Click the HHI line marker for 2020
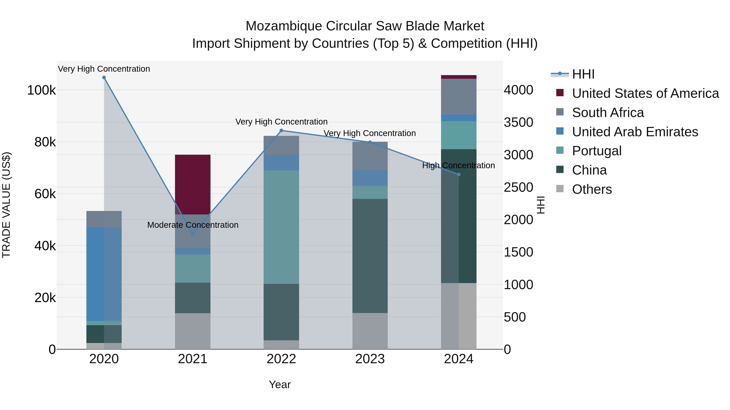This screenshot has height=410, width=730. pos(104,78)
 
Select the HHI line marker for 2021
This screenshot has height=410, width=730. pos(193,234)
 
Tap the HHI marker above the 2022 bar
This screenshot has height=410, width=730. pos(281,130)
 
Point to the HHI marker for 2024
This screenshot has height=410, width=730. pos(459,175)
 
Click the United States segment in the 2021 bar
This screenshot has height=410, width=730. pos(193,184)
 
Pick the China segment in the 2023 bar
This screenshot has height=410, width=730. pos(370,256)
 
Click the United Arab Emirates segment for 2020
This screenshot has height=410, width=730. pos(104,274)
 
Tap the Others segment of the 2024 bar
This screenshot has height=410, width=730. pos(459,316)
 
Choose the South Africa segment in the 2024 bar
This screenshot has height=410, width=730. pos(459,97)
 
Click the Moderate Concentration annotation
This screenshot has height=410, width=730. pos(193,225)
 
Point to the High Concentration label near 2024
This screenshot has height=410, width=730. pos(458,166)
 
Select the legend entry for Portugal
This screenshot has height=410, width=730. pos(597,151)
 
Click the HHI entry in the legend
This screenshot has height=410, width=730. pos(583,74)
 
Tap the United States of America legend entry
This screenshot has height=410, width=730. pos(645,93)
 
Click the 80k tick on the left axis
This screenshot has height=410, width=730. pos(45,142)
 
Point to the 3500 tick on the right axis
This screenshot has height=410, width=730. pos(518,122)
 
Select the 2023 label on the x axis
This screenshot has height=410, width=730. pos(370,359)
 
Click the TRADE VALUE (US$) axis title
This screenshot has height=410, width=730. pos(6,205)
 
